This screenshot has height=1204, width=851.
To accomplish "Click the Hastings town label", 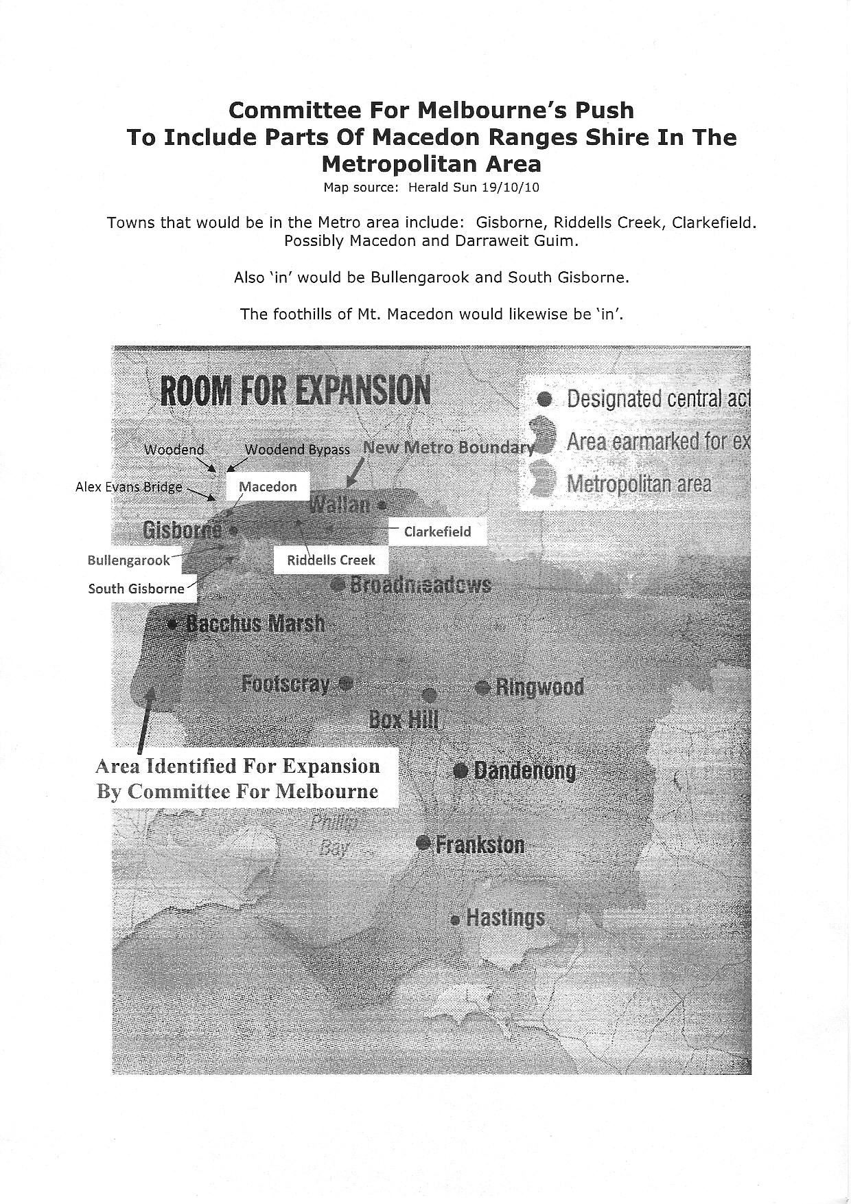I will click(505, 918).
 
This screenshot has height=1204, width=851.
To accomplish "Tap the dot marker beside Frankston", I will click(424, 843).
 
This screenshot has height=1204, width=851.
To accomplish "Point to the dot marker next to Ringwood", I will click(482, 686).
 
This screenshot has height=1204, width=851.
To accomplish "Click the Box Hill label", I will click(404, 719).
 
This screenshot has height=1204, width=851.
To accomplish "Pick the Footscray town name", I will click(286, 684).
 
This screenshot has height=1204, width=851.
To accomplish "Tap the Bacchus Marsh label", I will click(255, 624).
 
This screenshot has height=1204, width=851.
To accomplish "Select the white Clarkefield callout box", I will click(437, 532).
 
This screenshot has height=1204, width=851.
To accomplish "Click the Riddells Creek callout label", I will click(331, 560).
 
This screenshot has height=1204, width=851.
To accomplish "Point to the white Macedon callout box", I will click(268, 486).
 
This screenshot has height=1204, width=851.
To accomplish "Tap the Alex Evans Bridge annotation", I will click(129, 487).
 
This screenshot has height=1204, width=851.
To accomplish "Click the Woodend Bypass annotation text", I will click(297, 450).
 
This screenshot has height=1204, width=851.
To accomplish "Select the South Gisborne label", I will click(137, 589).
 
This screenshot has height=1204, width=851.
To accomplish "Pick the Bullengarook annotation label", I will click(128, 560).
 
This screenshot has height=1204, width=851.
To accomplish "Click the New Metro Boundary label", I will click(449, 448).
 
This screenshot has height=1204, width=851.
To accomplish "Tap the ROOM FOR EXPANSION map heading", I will click(295, 391).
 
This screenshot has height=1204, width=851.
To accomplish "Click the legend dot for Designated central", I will click(544, 398).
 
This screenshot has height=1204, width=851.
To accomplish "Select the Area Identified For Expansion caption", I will click(237, 779).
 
